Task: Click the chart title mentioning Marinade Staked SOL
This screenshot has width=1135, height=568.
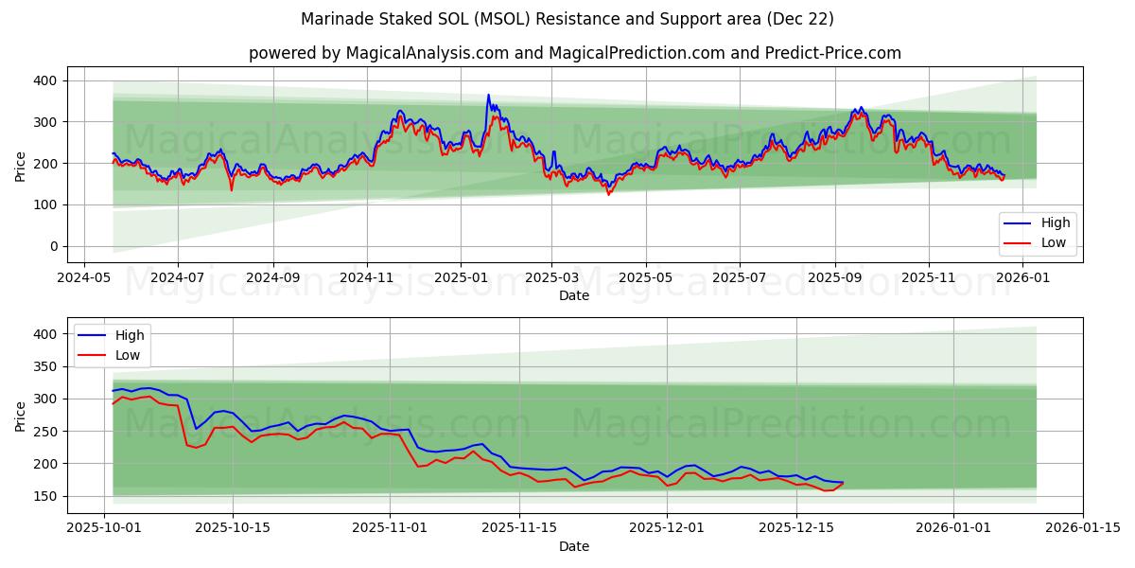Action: [567, 19]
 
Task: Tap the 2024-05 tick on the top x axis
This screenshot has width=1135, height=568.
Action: [84, 278]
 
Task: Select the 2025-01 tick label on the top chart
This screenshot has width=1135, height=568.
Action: [461, 278]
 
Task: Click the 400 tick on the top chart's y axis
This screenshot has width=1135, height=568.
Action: [44, 80]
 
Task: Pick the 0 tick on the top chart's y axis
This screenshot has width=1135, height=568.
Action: [52, 246]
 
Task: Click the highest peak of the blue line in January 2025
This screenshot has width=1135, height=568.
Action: [489, 95]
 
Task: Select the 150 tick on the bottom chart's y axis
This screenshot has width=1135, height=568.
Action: [44, 496]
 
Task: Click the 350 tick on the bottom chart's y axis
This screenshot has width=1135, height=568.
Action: [44, 366]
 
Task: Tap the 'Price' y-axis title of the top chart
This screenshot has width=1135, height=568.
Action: [21, 165]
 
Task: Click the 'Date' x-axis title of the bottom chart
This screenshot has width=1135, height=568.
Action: [574, 547]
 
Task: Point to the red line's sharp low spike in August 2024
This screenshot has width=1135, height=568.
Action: [231, 190]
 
